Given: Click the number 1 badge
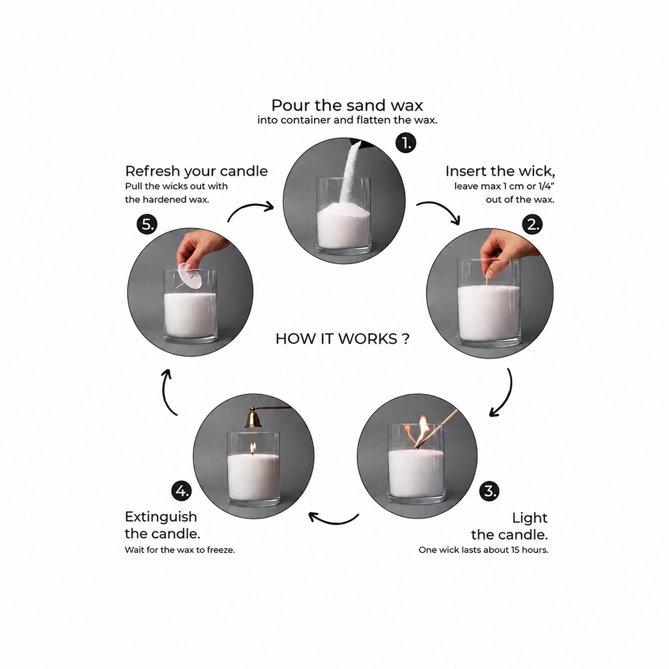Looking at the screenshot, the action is tap(405, 142).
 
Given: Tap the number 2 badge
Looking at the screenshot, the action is tap(532, 225).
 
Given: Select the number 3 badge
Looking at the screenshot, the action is tap(489, 491).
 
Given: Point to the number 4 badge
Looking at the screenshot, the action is tap(181, 491).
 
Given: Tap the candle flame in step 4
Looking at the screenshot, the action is tap(253, 448).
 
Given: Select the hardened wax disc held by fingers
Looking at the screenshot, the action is tap(190, 276).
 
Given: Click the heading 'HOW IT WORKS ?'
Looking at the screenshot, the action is tap(343, 338).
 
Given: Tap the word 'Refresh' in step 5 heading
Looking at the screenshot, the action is tap(153, 171).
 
